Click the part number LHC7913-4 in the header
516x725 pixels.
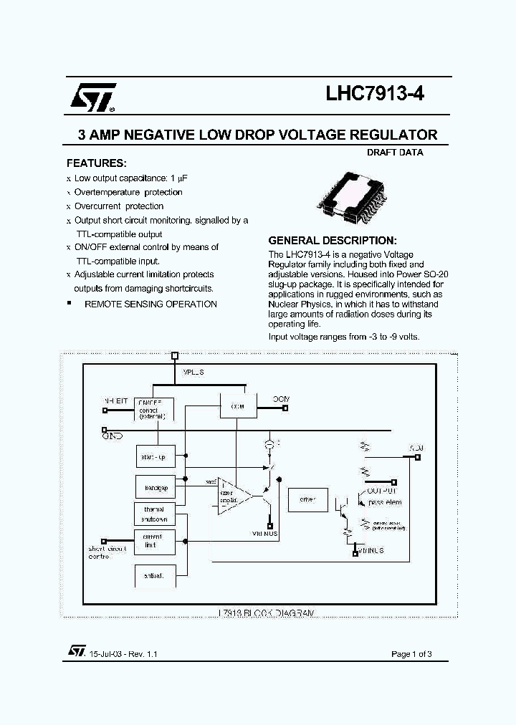tap(374, 96)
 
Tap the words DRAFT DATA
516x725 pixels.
tap(395, 153)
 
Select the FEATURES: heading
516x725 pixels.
tap(96, 163)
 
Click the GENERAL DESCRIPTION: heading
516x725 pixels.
tap(332, 241)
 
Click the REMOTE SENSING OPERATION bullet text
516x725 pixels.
tap(150, 304)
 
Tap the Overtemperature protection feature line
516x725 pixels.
tap(128, 192)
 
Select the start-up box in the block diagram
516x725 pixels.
tap(155, 456)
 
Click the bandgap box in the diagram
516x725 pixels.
tap(155, 487)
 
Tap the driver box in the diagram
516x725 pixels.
tap(307, 499)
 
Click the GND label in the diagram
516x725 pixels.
tap(113, 436)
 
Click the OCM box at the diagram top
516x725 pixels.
tap(238, 407)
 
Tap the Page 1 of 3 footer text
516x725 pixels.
tap(411, 653)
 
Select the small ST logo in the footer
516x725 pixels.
tap(76, 650)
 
